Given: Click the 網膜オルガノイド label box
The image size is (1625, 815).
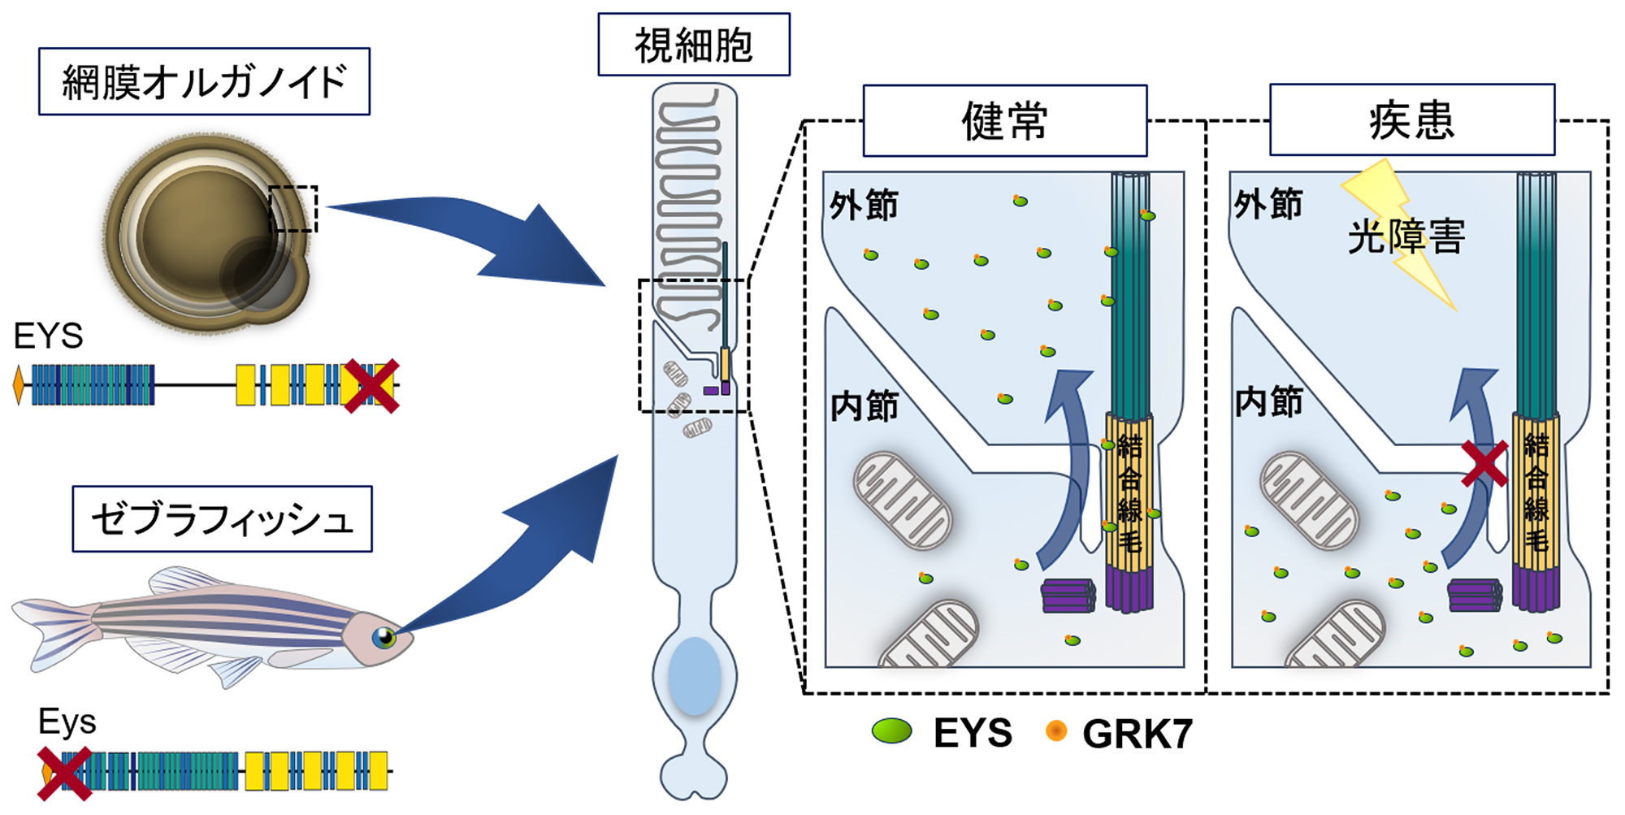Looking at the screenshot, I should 204,81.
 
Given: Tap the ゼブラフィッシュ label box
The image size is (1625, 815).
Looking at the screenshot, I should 222,519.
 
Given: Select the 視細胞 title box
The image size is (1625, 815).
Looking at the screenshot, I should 693,45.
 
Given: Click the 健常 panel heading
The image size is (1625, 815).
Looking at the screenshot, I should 1004,121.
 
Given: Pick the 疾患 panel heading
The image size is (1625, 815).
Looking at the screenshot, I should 1411,120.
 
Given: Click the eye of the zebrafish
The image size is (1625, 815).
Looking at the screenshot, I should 383,637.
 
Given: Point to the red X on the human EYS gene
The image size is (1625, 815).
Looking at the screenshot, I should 370,386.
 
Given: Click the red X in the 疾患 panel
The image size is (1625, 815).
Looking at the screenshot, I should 1484,463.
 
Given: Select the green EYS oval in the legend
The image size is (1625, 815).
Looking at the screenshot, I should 891,731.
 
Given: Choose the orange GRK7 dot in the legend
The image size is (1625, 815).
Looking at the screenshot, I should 1055,731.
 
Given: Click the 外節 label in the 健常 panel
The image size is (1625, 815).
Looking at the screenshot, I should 864,205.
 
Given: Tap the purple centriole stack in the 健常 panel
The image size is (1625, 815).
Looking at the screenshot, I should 1068,595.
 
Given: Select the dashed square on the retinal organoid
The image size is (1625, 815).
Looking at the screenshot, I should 292,209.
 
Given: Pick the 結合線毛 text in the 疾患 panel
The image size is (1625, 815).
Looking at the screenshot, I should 1536,492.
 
